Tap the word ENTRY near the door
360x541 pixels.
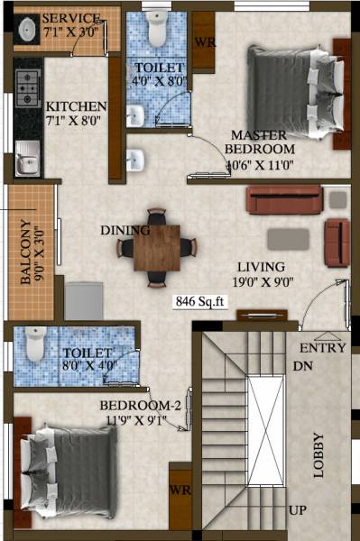pos(322,347)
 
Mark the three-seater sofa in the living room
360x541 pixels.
pos(284,199)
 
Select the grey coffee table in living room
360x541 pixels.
pos(288,238)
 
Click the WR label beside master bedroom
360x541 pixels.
pos(205,42)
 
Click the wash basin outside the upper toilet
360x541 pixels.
pos(136,160)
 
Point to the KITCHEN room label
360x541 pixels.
pos(77,105)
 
